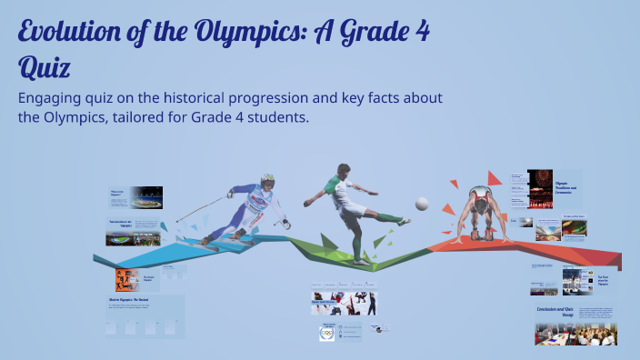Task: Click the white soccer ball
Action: coord(422,204)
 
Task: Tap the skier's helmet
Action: coord(266,181)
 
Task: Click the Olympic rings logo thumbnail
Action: coord(327,334)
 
